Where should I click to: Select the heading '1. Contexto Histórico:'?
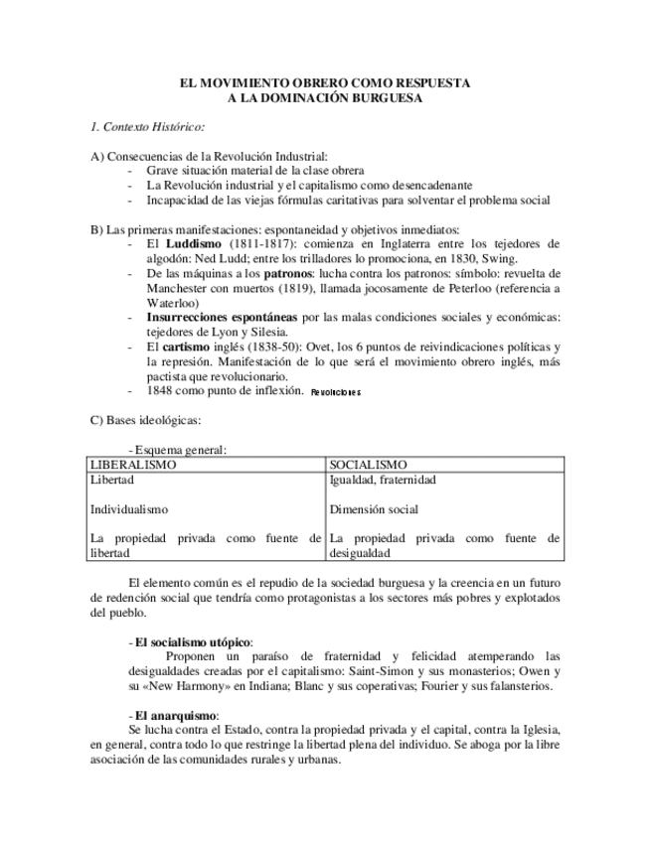click(147, 127)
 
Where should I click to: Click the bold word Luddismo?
click(196, 243)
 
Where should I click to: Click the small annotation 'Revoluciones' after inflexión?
click(335, 392)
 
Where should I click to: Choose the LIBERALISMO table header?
click(133, 464)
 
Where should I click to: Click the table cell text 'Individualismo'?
click(129, 509)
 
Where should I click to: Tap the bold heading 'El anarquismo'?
click(176, 716)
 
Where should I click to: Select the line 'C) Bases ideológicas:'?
click(145, 420)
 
